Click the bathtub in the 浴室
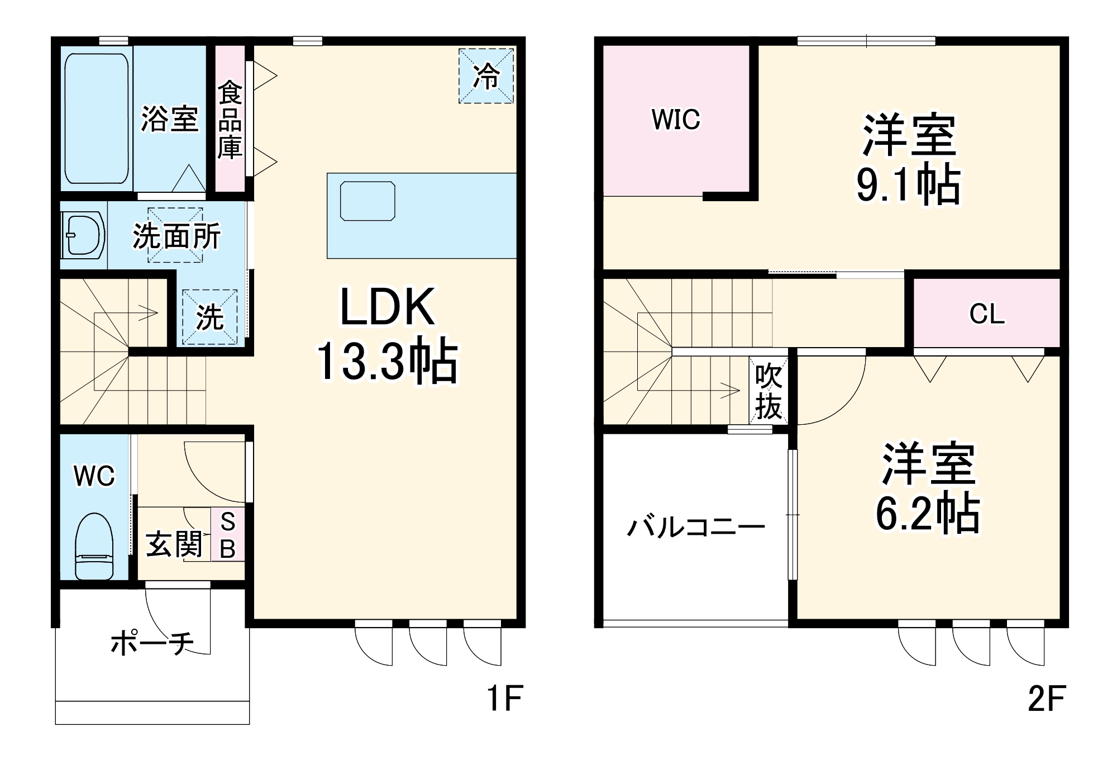pos(97,118)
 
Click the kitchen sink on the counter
pos(367,201)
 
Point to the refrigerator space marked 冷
pos(486,76)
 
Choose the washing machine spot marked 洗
pos(210,317)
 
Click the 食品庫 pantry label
pos(230,120)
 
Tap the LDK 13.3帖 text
pos(388,334)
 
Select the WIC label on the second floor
pos(675,120)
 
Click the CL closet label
pos(987,314)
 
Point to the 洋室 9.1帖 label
pos(909,159)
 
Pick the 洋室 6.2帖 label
pos(928,487)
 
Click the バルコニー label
pos(696,527)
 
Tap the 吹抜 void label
pos(768,391)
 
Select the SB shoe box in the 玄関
pos(228,535)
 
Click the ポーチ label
pos(152,643)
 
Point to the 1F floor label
pos(504,698)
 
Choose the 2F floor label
pos(1047,698)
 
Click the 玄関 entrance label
pos(174,544)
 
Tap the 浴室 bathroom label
pos(169,118)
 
